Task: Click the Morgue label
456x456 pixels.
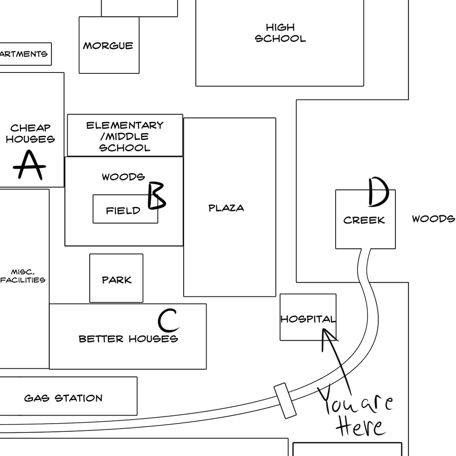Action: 108,46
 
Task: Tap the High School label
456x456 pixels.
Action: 280,33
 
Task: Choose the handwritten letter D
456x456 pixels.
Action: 378,192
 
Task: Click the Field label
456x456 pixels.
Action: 123,211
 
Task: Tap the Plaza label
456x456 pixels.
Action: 226,208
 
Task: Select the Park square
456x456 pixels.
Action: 116,278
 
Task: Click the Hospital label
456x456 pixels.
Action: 308,319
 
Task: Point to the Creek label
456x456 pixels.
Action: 364,220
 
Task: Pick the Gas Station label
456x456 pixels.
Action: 63,398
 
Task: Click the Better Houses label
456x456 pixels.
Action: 128,339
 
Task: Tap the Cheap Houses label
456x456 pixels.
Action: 30,134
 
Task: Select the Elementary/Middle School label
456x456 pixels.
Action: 125,136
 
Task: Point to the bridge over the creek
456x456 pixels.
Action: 285,400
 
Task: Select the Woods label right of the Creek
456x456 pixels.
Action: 433,219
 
